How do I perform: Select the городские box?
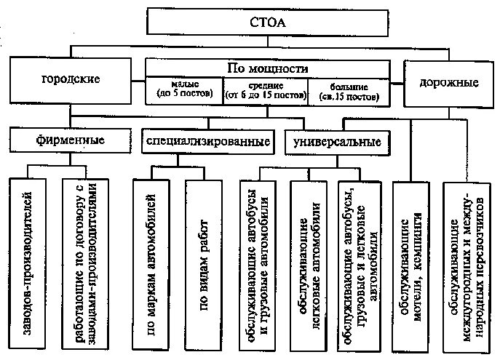[x=71, y=79]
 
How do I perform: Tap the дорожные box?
[x=448, y=82]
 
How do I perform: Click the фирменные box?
[x=70, y=138]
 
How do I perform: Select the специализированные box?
[x=207, y=140]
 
